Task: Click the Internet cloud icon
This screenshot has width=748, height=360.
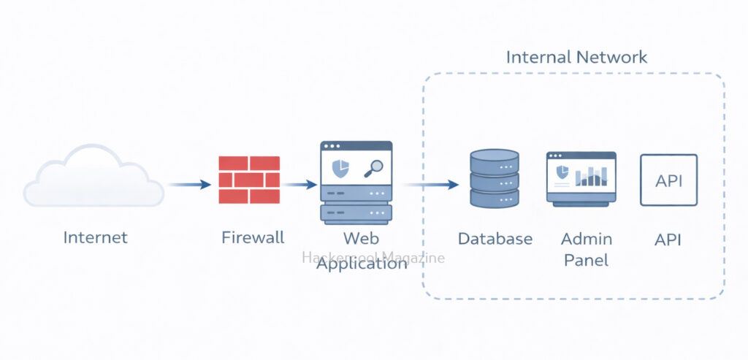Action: pos(93,177)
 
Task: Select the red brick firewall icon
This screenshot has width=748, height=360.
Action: pos(249,180)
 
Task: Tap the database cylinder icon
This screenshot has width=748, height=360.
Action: pos(495,180)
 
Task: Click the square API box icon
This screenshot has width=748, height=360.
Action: pos(668,180)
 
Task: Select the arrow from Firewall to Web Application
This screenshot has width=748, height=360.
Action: pos(299,184)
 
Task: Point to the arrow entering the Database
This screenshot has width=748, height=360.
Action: pos(431,184)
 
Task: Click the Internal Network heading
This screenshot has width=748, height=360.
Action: pos(576,57)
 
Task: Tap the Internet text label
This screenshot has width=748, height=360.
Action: pos(95,237)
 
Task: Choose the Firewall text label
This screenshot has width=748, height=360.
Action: pos(253,237)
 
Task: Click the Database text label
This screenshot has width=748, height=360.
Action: pos(495,239)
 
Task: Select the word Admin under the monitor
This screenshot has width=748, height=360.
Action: pos(587,239)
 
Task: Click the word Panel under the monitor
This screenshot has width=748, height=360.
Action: pos(587,260)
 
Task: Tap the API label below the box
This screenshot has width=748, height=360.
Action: pos(668,239)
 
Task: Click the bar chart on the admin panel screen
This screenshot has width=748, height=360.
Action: pos(591,175)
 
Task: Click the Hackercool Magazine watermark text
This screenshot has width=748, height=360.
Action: pos(373,257)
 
